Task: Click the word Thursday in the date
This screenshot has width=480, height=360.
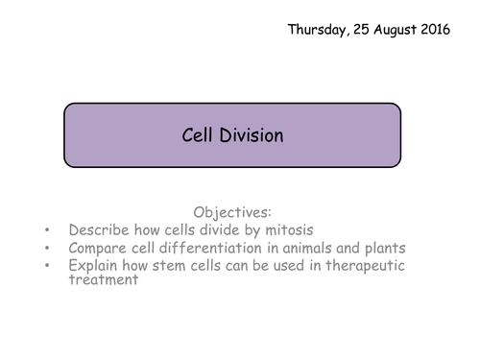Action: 321,29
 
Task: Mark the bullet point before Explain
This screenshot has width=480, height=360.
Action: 48,266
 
